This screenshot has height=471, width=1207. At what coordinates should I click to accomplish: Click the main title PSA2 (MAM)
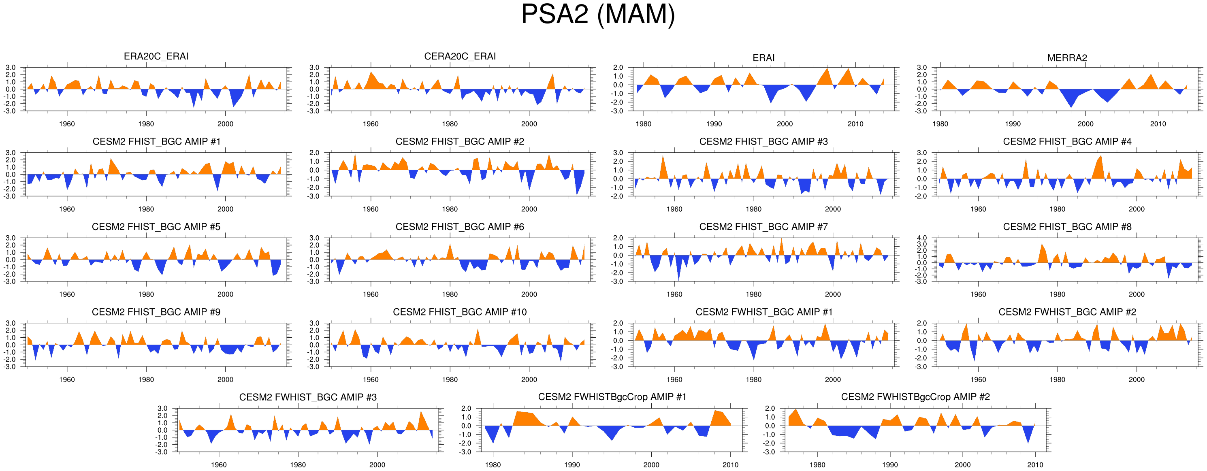coord(598,14)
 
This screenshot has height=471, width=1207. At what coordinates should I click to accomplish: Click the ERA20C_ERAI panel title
coord(156,56)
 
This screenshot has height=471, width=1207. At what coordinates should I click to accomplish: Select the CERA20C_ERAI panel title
coord(460,56)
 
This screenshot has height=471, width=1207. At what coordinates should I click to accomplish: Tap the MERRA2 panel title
coord(1067,58)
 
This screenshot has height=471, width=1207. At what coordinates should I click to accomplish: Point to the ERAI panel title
coord(763,58)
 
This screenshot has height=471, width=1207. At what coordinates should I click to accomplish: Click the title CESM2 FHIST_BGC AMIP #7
coord(763,227)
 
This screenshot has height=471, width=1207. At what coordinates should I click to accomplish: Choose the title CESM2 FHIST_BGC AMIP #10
coord(460,312)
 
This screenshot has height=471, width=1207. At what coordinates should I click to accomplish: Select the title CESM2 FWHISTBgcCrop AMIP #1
coord(612,397)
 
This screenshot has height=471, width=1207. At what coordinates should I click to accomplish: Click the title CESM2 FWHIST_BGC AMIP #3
coord(308,397)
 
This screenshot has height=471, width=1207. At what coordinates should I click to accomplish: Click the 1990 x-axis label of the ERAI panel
coord(714,124)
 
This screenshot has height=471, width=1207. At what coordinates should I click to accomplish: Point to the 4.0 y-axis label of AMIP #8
coord(921,238)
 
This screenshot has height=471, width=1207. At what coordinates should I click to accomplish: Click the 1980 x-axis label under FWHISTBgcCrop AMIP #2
coord(817,465)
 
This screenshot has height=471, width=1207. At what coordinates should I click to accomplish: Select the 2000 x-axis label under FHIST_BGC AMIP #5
coord(225,294)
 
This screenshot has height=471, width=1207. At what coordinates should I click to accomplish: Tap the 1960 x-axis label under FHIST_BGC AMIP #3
coord(674,209)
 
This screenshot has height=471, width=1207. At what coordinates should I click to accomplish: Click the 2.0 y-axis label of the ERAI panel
coord(618,68)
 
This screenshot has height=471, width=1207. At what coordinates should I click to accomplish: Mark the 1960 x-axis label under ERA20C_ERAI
coord(67,124)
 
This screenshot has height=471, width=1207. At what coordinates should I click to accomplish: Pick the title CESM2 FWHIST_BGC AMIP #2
coord(1067,312)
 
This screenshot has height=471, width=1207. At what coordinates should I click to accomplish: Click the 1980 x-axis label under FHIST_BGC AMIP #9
coord(146,379)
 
